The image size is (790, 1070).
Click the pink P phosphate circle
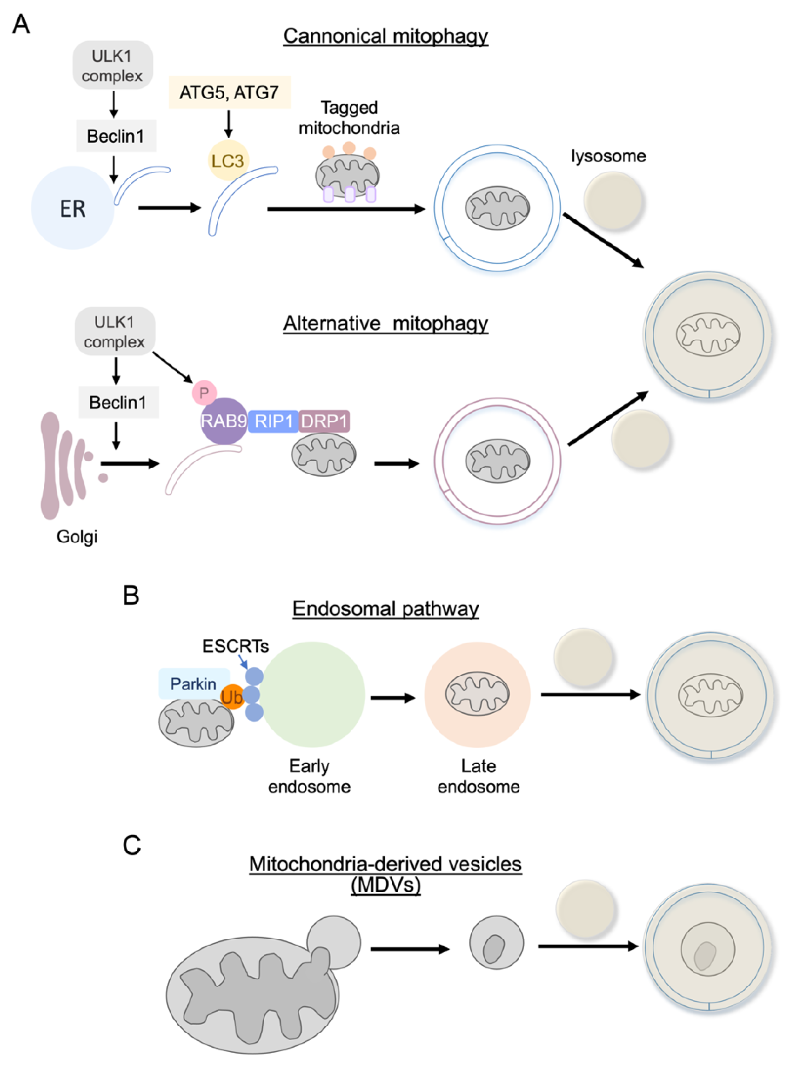pos(204,393)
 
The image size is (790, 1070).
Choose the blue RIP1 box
pos(273,421)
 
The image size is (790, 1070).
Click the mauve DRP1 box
pos(324,421)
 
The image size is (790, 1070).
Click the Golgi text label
pos(77,537)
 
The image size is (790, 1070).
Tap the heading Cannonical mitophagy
pos(385,36)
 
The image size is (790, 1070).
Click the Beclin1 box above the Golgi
pos(118,402)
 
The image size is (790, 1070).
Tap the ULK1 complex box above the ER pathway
pos(112,65)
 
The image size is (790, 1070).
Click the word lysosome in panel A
pos(608,156)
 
